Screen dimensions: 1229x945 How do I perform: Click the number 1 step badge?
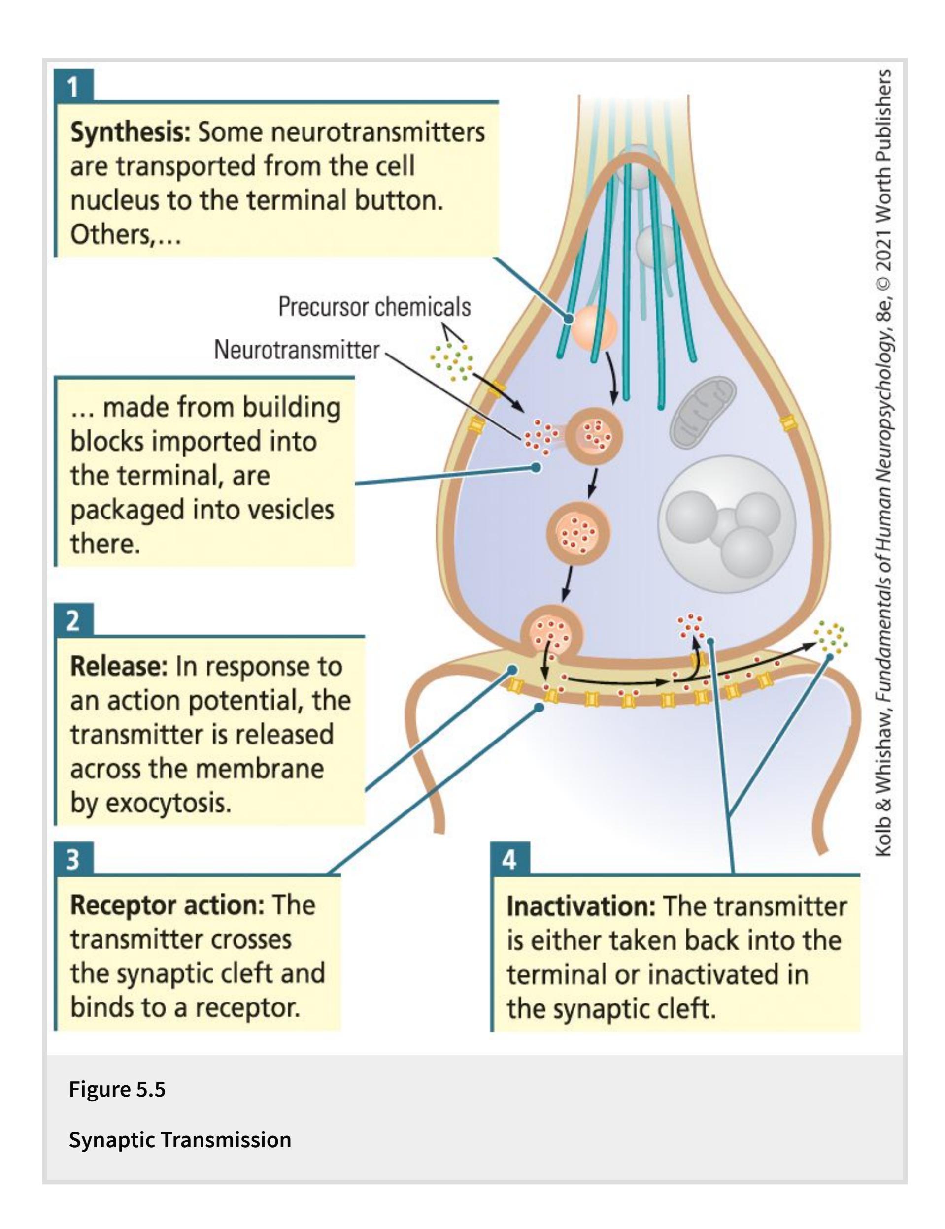coord(73,87)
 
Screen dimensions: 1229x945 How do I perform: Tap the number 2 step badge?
coord(73,621)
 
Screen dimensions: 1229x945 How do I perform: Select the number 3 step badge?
coord(73,860)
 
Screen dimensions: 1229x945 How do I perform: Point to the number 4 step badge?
coord(509,860)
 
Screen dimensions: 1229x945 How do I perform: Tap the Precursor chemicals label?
coord(374,307)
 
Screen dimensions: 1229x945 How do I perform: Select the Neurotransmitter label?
coord(297,350)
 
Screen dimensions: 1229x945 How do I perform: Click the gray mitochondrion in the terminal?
coord(703,412)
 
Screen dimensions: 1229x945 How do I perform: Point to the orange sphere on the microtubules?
coord(595,328)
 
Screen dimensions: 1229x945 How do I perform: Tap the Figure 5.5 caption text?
coord(117,1089)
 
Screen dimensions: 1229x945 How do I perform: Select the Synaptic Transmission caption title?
coord(180,1139)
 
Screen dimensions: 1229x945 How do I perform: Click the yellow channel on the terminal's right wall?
coord(787,423)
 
